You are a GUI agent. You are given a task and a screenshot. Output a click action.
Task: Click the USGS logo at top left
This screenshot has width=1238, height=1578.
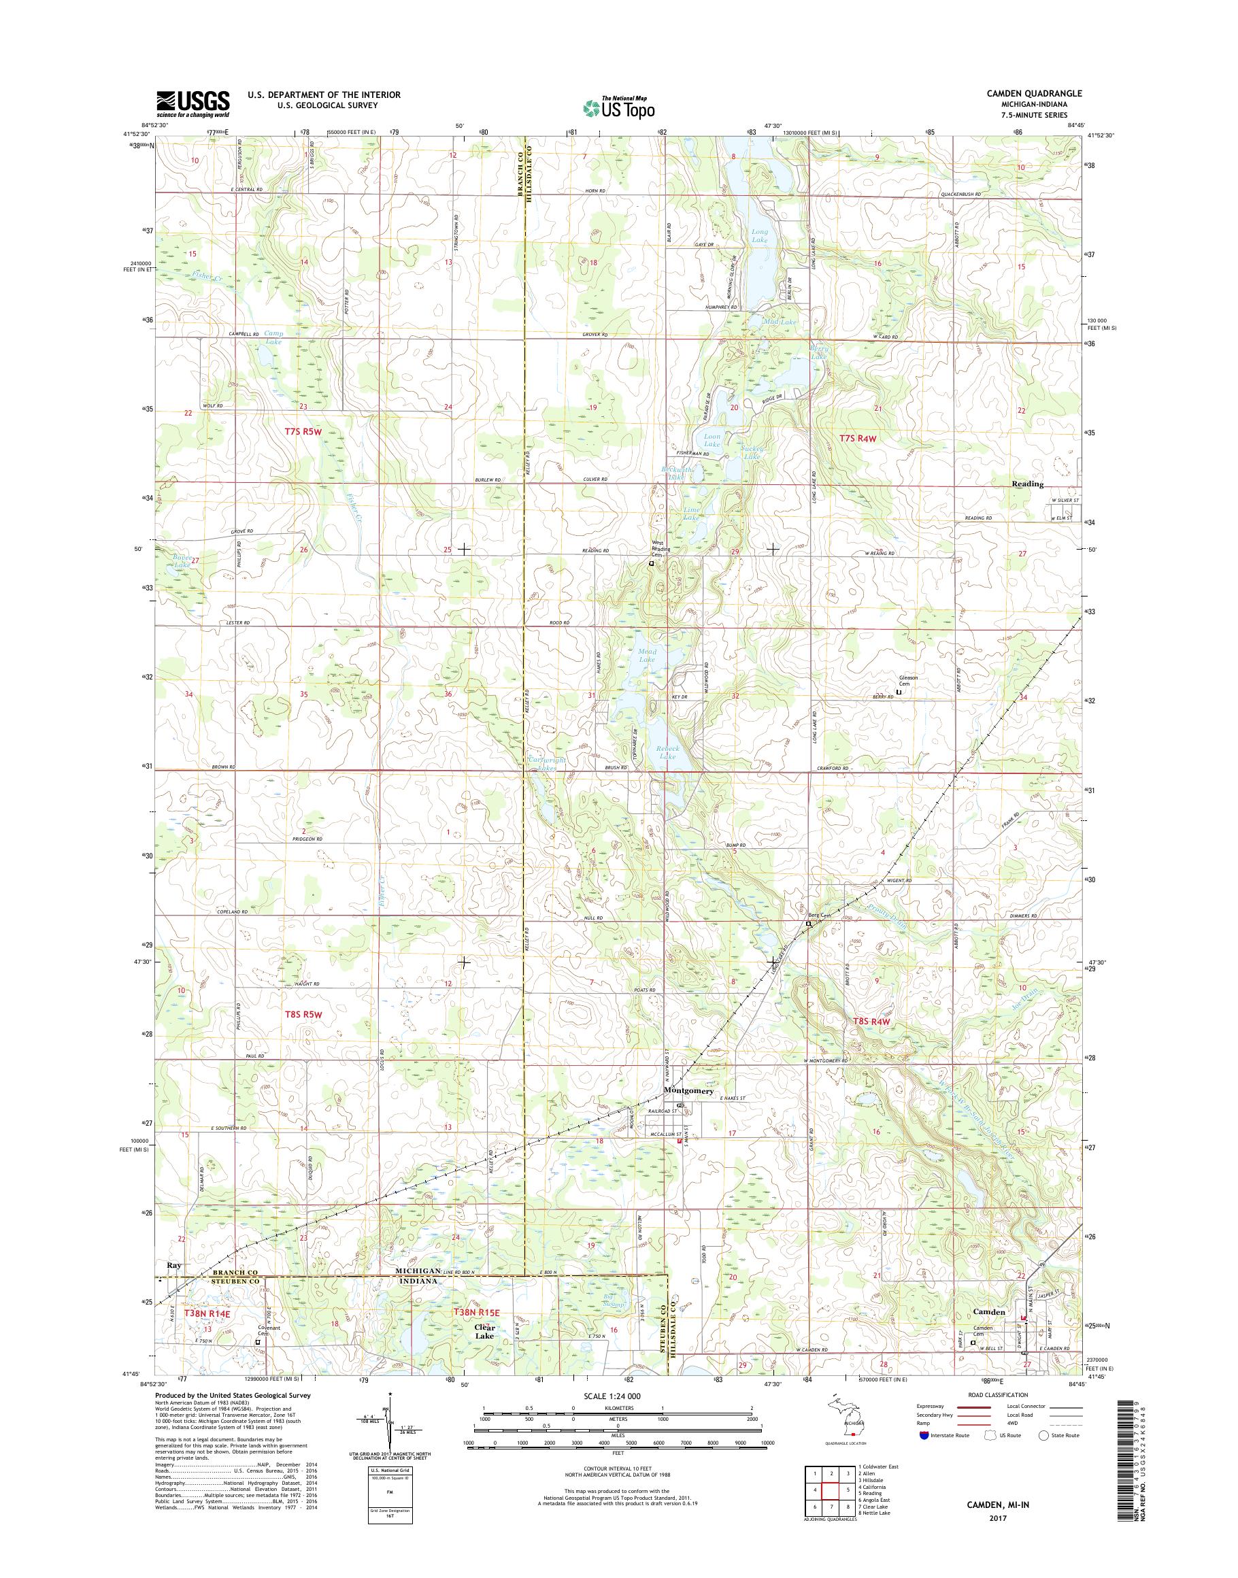point(193,104)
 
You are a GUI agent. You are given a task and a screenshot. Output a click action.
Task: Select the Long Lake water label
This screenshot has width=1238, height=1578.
point(760,235)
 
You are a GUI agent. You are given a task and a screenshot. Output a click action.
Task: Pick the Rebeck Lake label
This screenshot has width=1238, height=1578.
point(667,752)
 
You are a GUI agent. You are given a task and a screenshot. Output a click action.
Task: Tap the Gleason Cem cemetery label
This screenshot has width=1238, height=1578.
point(908,681)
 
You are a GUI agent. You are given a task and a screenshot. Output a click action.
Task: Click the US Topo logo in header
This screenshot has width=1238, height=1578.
point(619,107)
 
